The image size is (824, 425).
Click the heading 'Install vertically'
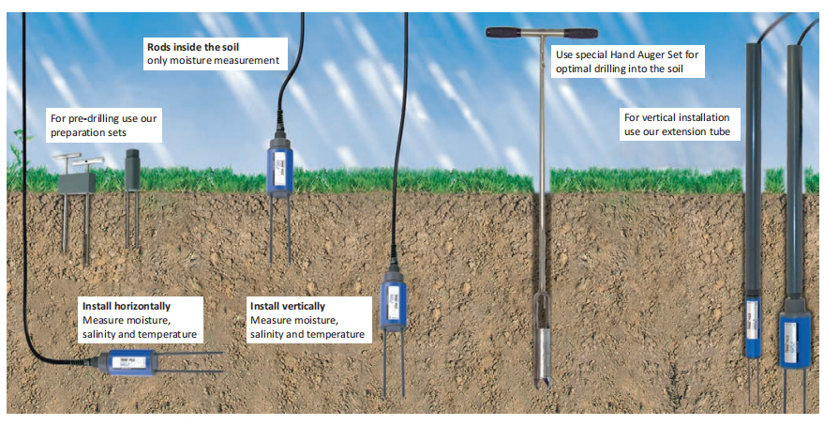(288, 306)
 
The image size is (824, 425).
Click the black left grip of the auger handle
(507, 33)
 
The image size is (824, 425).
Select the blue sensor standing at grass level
(280, 168)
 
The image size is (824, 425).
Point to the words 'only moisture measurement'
(213, 61)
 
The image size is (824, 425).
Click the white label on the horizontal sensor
(125, 361)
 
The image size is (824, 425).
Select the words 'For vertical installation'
(675, 118)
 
